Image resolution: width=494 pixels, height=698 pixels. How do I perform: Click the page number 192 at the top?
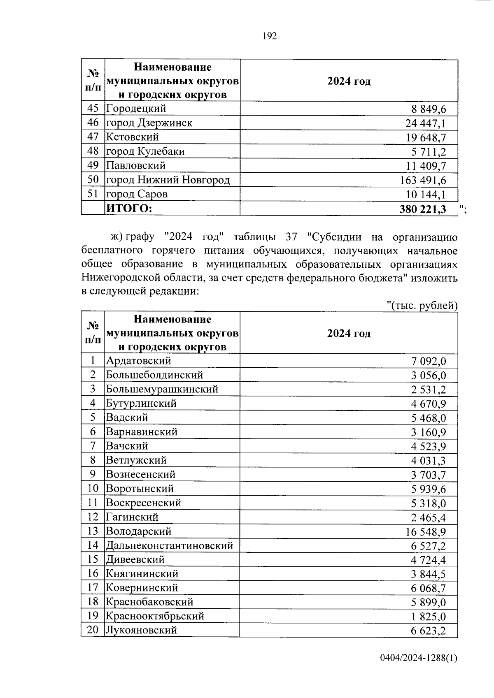[270, 36]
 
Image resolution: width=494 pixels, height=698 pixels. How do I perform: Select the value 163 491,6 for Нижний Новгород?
[423, 180]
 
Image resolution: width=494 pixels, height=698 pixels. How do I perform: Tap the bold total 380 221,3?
[423, 209]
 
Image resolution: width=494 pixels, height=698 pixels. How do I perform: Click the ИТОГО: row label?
[129, 209]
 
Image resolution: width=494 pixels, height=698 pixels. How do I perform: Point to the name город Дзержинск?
[149, 123]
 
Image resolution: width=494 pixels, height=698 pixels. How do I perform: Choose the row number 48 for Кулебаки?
[93, 151]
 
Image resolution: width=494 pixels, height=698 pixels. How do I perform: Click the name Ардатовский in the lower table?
[138, 361]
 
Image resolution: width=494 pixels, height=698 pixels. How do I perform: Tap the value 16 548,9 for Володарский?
[426, 532]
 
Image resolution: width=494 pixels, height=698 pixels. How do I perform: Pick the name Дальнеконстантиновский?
[169, 545]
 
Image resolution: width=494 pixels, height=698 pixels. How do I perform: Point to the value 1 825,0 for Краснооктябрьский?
[428, 617]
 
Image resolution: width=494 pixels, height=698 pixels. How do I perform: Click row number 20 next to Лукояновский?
[93, 630]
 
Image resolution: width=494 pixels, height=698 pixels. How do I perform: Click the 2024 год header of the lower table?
[349, 333]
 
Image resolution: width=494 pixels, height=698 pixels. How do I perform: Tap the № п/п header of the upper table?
[93, 81]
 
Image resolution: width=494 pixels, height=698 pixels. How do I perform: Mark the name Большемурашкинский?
[162, 389]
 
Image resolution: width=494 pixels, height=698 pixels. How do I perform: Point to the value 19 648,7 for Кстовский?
[426, 137]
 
